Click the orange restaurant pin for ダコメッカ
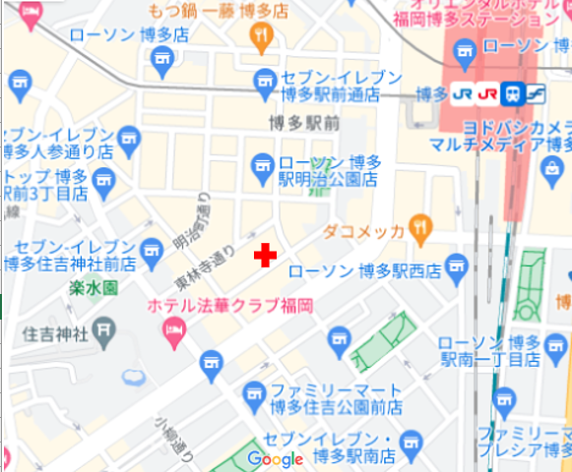[x=420, y=229]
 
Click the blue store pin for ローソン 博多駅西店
[x=455, y=266]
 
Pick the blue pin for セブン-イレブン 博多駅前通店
[x=263, y=88]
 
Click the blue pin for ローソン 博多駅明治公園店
[x=261, y=165]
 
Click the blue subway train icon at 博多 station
[x=512, y=94]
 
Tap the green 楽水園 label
[x=95, y=288]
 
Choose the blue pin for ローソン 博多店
[x=162, y=64]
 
